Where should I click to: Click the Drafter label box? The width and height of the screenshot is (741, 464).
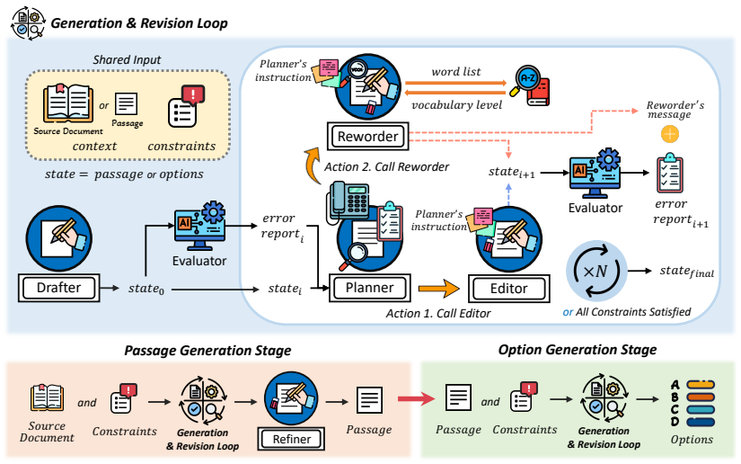[59, 288]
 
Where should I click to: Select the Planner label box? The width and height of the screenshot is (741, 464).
[369, 288]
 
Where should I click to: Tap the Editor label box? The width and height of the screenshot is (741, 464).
[509, 289]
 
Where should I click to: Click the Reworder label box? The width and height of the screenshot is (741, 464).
[367, 136]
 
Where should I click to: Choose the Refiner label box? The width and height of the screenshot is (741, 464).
[292, 439]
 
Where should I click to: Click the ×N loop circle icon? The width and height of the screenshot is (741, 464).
[596, 271]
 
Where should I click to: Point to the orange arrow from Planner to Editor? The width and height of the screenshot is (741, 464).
[438, 289]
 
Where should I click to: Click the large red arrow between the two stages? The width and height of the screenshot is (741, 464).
[416, 398]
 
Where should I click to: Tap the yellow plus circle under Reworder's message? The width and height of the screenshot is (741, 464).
[670, 134]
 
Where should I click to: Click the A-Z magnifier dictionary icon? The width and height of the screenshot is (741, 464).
[529, 85]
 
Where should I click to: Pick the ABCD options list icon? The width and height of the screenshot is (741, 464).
[692, 404]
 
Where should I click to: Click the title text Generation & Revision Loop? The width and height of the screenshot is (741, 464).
[139, 23]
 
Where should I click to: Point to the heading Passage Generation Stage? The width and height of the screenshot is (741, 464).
[207, 351]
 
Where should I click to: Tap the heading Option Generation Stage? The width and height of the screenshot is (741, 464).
[578, 350]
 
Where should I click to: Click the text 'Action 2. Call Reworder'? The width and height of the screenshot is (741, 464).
[386, 167]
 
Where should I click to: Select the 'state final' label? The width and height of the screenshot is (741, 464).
[687, 271]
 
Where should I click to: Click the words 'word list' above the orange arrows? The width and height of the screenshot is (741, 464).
[456, 71]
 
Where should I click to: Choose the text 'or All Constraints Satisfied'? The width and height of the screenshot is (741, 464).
[627, 312]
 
